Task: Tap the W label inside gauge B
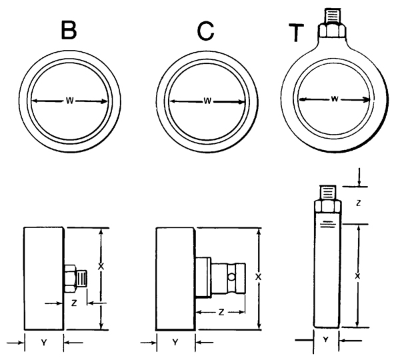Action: point(70,101)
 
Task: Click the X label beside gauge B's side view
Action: point(101,265)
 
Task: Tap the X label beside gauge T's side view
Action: point(357,275)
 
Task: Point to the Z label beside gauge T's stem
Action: point(358,202)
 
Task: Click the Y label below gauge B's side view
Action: point(44,342)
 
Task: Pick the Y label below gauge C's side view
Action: point(175,342)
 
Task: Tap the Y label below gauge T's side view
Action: point(326,339)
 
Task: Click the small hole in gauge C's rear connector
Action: point(231,275)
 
